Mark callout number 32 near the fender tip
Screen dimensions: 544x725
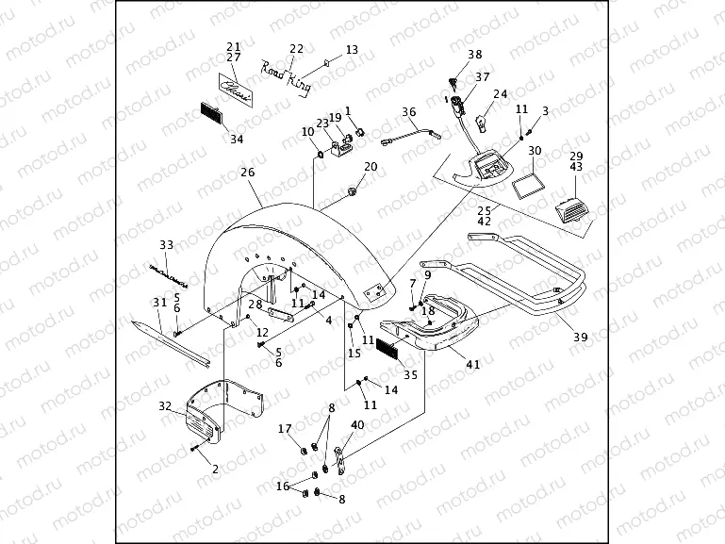(x=165, y=406)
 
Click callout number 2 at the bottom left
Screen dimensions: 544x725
(x=215, y=469)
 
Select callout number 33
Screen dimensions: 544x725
(x=166, y=245)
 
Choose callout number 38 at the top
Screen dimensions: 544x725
(x=474, y=55)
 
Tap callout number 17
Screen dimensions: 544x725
(x=285, y=429)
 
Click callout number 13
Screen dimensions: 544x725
(x=352, y=49)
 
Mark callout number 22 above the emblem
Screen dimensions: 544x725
(x=296, y=49)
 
